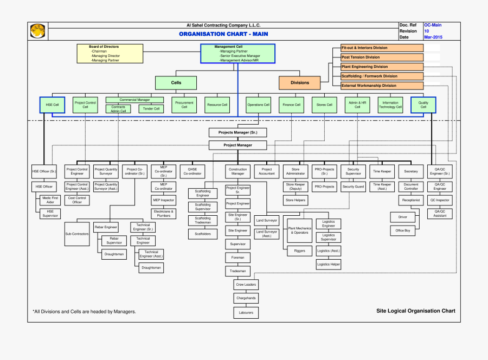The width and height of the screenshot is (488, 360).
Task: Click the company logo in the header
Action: coord(37,31)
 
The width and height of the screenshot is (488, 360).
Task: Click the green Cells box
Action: coord(176,83)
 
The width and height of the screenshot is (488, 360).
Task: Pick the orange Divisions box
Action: coord(299,83)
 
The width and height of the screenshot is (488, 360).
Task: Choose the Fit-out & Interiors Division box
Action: coord(382,48)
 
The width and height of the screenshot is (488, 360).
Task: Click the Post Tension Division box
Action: coord(382,57)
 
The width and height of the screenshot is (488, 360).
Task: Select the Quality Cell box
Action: coord(423,105)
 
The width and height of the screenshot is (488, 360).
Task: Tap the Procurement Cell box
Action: coord(184,105)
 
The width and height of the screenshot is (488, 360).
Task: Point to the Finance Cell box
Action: coord(290,105)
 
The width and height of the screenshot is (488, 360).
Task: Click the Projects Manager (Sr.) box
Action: coord(238,132)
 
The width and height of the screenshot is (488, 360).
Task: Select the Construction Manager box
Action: coord(237,171)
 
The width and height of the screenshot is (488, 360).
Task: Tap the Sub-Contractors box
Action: coord(77,234)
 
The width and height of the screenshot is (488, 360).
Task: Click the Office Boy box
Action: coord(403,230)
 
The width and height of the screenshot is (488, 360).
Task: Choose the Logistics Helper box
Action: coord(329,265)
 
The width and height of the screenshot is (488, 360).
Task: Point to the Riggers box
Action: coord(299,251)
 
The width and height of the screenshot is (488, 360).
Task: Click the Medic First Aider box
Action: coord(50,200)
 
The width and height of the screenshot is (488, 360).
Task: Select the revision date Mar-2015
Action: coord(433,37)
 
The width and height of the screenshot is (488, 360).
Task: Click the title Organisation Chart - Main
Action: coord(223,34)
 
